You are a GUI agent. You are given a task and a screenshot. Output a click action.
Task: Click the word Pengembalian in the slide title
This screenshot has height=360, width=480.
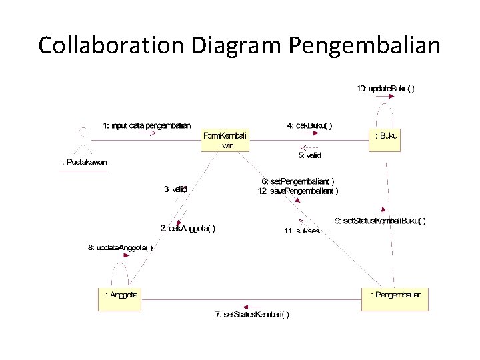click(365, 45)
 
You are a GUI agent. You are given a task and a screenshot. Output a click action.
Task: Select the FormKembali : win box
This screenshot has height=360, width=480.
click(225, 140)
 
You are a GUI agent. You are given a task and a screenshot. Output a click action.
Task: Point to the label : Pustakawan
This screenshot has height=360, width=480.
click(83, 162)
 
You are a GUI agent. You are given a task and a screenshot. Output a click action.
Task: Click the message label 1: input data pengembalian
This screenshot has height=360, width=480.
click(147, 125)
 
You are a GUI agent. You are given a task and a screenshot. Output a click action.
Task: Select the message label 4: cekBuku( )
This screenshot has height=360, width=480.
click(309, 125)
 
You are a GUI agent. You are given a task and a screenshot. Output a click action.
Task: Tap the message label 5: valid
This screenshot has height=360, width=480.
click(309, 155)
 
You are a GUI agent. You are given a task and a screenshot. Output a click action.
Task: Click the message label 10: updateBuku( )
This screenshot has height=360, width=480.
click(385, 89)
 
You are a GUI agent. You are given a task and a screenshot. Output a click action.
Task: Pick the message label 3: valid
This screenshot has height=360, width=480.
click(175, 189)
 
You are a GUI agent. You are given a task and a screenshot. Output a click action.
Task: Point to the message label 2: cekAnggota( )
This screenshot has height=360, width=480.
click(188, 228)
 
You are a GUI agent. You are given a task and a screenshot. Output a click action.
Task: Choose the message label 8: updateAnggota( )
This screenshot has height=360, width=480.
click(120, 248)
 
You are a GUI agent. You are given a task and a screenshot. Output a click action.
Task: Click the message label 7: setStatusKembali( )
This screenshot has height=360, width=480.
click(252, 315)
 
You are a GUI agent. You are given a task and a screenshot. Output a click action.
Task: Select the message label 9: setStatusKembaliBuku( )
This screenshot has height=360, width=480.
click(380, 221)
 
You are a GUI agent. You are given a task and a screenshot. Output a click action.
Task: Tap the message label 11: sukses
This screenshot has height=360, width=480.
click(302, 231)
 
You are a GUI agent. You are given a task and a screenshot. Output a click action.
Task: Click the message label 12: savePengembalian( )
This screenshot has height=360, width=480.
click(298, 191)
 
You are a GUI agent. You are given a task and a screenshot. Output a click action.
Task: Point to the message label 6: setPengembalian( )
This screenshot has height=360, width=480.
click(298, 181)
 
